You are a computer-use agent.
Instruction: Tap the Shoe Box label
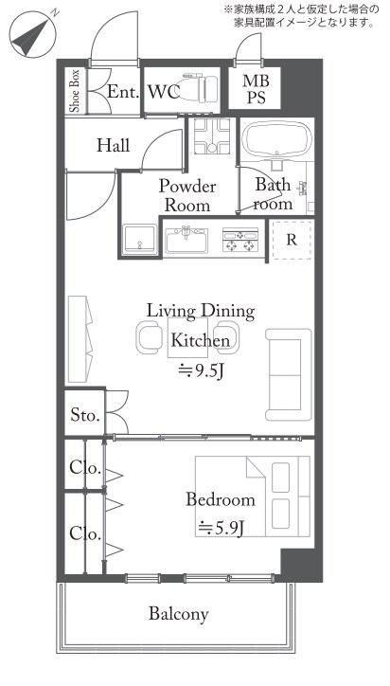[x=75, y=91]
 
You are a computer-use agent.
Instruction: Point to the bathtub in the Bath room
[x=277, y=137]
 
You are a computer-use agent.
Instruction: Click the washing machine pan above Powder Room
[x=212, y=135]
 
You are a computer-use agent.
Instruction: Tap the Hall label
[x=114, y=145]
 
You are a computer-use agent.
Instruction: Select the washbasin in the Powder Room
[x=139, y=239]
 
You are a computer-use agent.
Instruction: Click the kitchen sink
[x=186, y=239]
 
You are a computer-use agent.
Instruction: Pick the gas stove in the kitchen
[x=239, y=240]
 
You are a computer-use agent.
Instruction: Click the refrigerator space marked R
[x=292, y=240]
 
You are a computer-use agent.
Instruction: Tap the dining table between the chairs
[x=187, y=337]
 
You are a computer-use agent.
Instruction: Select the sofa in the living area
[x=289, y=375]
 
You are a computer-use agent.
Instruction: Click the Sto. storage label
[x=86, y=415]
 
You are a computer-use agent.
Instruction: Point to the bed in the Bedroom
[x=253, y=496]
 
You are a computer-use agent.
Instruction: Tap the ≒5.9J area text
[x=221, y=528]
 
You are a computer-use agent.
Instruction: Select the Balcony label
[x=178, y=614]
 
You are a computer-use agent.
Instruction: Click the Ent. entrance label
[x=123, y=92]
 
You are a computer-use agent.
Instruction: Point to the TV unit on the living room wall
[x=80, y=339]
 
